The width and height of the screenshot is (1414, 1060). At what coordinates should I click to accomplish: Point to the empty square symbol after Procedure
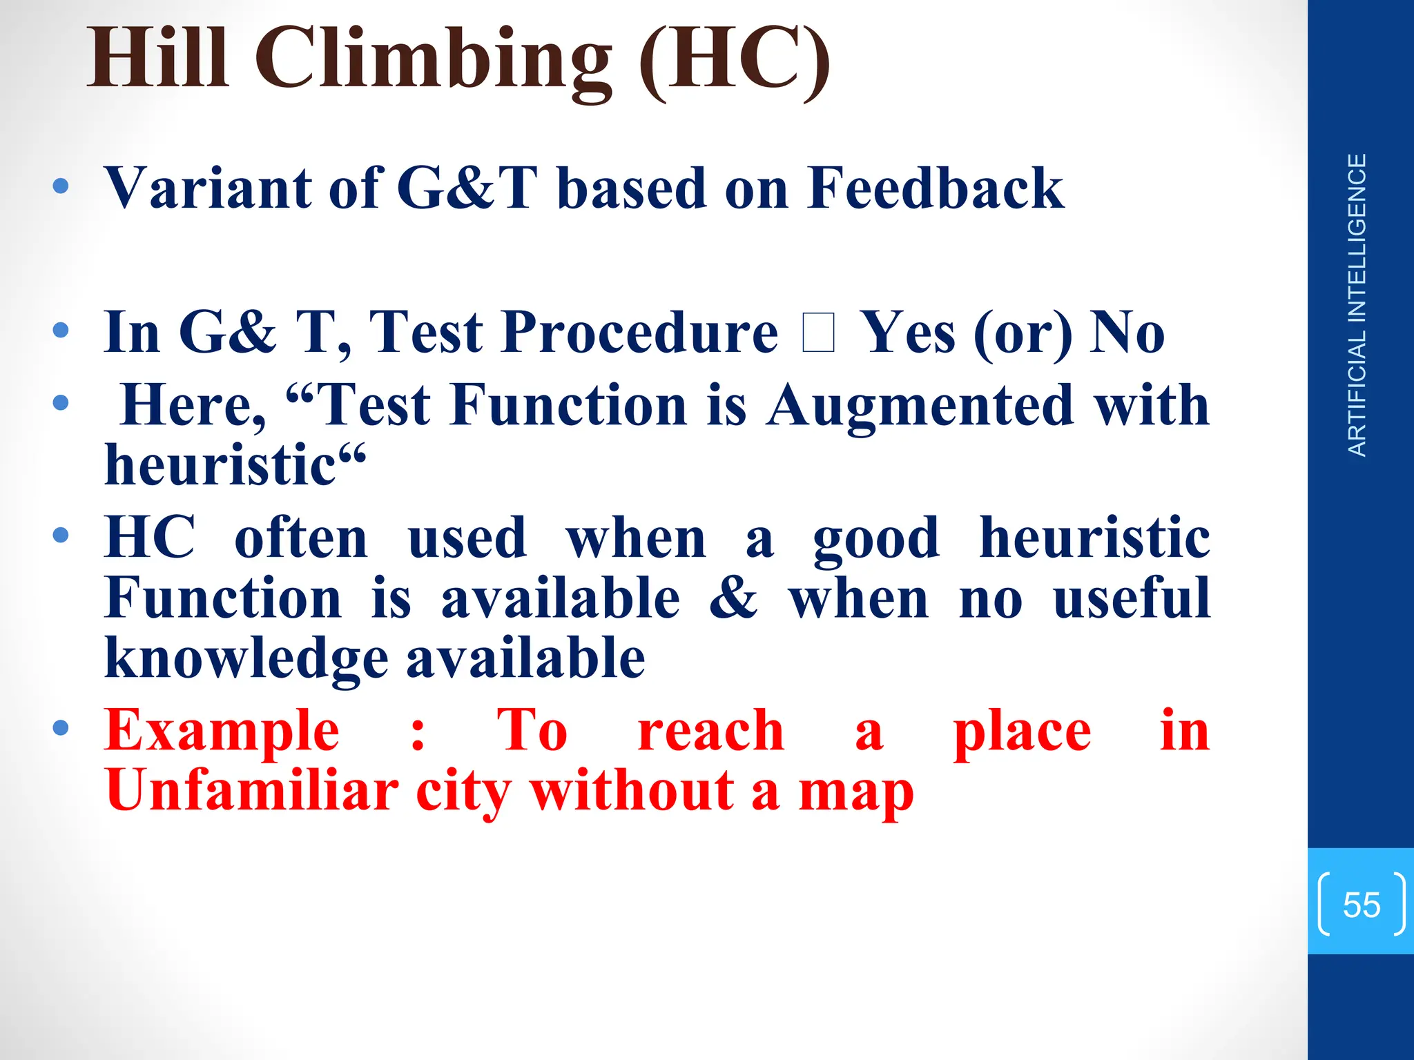819,333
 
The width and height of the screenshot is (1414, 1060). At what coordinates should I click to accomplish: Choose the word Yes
910,333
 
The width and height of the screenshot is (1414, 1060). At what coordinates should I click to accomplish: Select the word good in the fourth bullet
875,538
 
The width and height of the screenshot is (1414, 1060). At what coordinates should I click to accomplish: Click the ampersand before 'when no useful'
733,598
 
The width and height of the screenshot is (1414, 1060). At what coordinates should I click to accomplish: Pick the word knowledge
246,658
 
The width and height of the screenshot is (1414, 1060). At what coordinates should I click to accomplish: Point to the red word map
855,791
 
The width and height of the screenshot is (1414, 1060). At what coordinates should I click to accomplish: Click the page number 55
1361,905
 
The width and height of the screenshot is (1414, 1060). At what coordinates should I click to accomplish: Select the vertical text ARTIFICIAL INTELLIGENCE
1357,305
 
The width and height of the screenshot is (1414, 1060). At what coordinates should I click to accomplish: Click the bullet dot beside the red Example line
61,727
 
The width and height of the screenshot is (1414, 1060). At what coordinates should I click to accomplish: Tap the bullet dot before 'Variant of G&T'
61,186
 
